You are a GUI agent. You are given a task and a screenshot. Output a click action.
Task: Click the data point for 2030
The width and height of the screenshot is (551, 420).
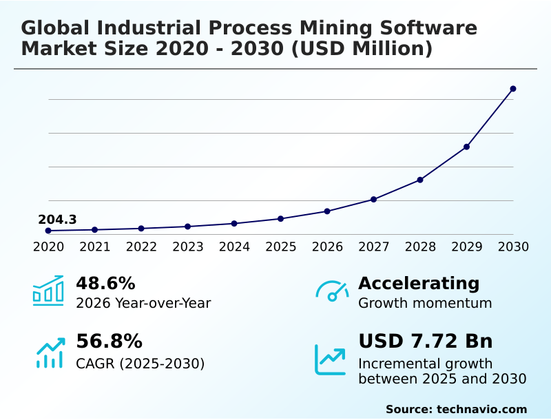513,89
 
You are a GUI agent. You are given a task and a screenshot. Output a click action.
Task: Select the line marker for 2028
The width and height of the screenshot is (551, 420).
420,180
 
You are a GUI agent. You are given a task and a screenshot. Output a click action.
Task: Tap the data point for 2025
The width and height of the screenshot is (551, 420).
280,219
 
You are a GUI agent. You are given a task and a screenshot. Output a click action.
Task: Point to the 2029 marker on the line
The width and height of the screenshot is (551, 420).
466,147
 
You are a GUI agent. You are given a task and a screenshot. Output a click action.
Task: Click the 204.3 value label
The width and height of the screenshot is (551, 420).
57,220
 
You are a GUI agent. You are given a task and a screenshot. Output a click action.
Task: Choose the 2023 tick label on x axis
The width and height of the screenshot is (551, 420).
187,246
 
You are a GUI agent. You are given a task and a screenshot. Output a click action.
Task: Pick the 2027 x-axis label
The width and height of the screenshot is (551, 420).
373,246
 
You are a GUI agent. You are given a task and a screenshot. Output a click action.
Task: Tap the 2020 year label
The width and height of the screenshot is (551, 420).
48,246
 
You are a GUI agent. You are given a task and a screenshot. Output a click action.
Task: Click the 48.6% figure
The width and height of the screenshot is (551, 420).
105,283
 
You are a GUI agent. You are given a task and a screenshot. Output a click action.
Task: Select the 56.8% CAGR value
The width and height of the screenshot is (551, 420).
109,342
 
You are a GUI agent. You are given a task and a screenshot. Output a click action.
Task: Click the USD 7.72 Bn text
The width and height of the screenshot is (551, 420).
425,342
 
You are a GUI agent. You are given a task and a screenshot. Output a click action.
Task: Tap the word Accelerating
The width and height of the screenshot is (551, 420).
419,283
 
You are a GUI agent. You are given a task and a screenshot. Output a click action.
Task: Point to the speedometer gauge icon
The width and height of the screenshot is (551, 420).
332,291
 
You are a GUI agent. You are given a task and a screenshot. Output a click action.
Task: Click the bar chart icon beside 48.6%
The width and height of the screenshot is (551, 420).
48,291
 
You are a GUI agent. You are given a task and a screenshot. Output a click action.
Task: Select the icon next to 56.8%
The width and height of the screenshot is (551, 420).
50,352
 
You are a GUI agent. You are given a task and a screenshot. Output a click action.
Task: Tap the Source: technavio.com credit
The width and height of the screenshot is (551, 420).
456,409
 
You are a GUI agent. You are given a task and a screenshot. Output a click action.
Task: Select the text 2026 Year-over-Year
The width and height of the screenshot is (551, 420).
143,303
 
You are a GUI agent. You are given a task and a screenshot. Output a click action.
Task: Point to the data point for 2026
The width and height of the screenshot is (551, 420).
327,211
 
